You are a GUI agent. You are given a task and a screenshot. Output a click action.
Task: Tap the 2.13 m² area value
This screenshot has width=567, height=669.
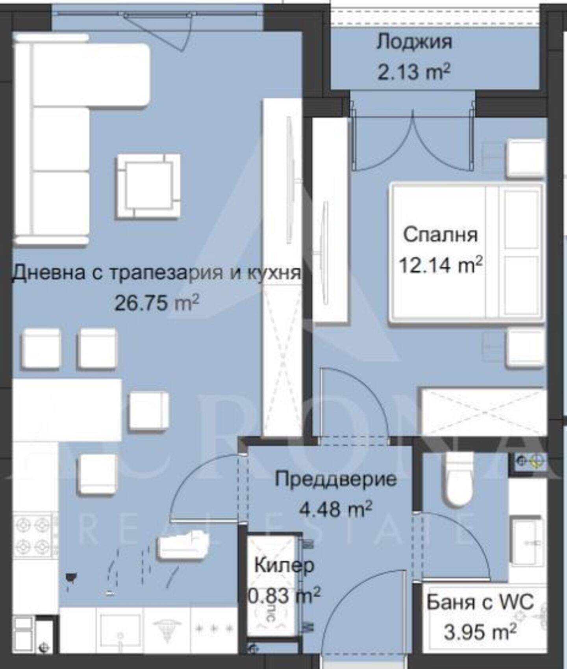click(x=414, y=72)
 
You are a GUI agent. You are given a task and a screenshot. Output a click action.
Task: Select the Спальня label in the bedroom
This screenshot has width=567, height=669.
click(x=440, y=235)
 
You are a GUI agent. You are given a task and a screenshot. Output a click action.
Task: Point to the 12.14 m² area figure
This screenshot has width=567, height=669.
click(x=441, y=264)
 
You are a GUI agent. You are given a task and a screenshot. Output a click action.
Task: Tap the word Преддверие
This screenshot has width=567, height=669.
click(x=336, y=479)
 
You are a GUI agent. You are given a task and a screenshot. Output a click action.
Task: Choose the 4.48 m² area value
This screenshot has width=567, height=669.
click(x=335, y=509)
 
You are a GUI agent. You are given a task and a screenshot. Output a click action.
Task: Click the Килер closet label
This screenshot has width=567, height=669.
click(x=284, y=566)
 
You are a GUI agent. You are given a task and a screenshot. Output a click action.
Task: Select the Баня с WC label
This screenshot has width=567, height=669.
click(x=480, y=602)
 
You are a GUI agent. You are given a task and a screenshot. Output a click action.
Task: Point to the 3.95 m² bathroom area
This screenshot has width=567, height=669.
click(x=480, y=632)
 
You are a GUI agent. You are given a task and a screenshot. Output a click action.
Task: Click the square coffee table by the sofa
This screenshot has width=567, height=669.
click(x=148, y=186)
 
